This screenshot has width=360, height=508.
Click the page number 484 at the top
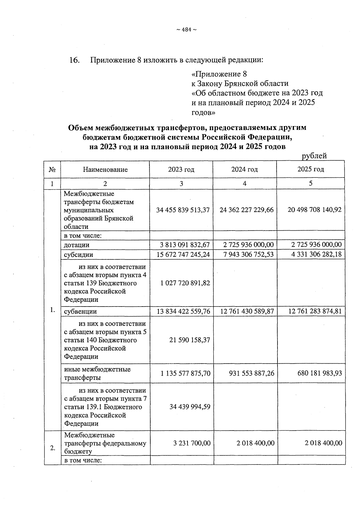point(186,29)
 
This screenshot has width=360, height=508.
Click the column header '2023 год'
point(181,169)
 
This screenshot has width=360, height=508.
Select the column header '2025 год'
point(310,169)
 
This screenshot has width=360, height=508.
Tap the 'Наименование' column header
point(105,170)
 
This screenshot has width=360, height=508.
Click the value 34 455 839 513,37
point(183,210)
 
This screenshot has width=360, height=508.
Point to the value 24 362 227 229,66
point(246,210)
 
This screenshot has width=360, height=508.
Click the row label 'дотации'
point(76,245)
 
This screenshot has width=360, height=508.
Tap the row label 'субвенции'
point(80,311)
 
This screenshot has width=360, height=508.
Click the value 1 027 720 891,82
point(185,283)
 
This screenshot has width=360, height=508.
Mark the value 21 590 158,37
point(190,340)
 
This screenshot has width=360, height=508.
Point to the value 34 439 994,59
point(190,407)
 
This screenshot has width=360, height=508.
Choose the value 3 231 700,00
point(192,443)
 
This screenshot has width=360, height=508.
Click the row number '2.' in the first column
point(53,448)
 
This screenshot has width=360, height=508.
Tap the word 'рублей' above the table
point(314,156)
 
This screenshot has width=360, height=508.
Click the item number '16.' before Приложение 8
point(74,60)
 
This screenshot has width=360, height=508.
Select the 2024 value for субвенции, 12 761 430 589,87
point(247,311)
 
